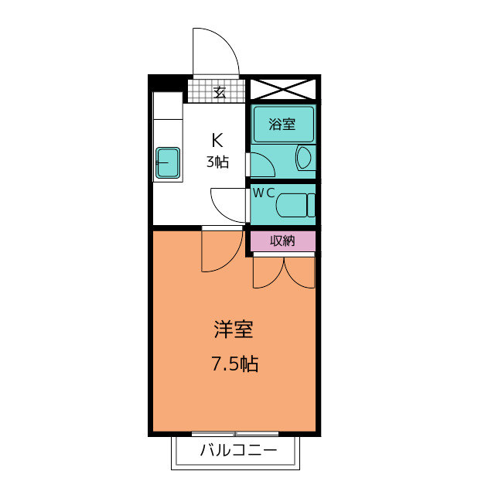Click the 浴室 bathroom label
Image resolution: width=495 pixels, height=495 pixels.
pos(282,124)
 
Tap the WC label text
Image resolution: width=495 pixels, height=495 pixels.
pos(264,192)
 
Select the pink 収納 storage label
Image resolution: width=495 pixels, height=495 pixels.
pos(282,241)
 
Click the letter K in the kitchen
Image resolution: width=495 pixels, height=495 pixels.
pos(217,141)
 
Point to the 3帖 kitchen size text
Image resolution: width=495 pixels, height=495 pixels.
pos(217,162)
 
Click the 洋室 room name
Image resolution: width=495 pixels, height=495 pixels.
pos(234,330)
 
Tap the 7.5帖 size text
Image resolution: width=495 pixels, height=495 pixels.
pos(234,364)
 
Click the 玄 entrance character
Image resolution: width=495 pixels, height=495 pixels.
pos(220,93)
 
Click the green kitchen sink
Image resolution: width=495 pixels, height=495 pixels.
pos(168,162)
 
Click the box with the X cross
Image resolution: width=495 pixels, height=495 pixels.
pos(283,88)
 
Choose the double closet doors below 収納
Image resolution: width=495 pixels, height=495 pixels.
pos(284,271)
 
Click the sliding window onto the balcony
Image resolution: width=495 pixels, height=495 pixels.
pos(234,433)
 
